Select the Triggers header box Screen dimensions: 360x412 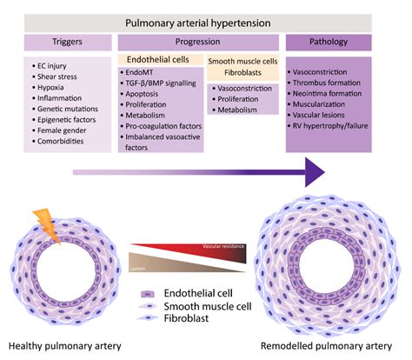point(67,42)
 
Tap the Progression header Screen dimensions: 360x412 point(197,42)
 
